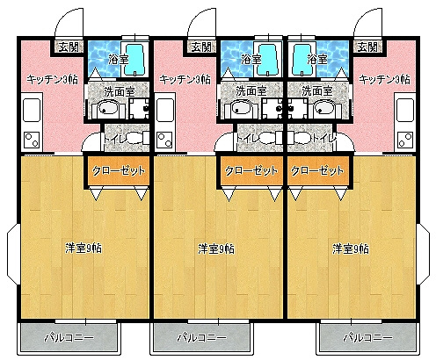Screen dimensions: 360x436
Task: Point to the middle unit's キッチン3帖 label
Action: pyautogui.click(x=184, y=78)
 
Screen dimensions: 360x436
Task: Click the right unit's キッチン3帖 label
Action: pyautogui.click(x=384, y=78)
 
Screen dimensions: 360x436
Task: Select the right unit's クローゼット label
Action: pyautogui.click(x=316, y=171)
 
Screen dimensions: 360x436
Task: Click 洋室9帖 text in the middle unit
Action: pyautogui.click(x=216, y=248)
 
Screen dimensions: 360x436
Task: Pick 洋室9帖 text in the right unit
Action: pyautogui.click(x=351, y=248)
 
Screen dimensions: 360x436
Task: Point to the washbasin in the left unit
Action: pyautogui.click(x=106, y=109)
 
